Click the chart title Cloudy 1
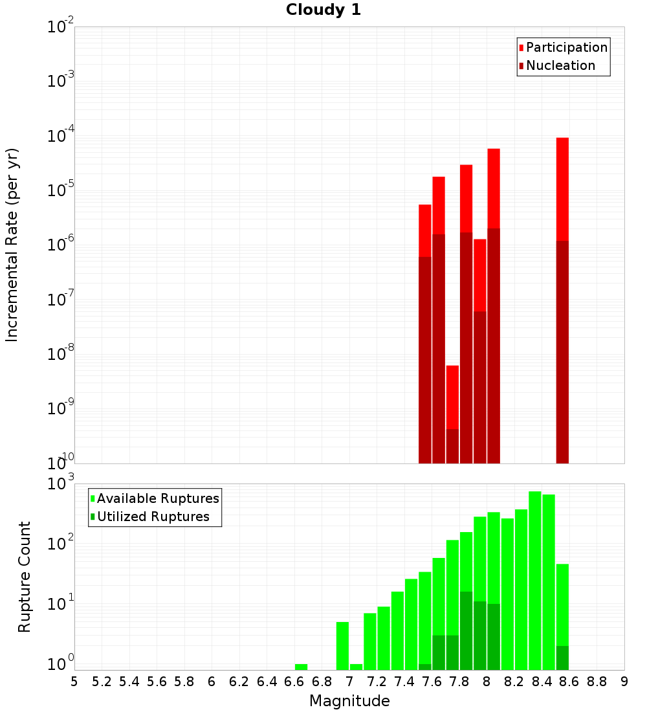(x=323, y=10)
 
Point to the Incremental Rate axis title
(x=12, y=245)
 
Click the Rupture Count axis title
(x=25, y=576)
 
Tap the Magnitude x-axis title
(x=349, y=700)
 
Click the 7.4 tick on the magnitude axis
(x=404, y=682)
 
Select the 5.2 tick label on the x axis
(x=102, y=682)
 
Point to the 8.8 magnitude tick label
(x=597, y=682)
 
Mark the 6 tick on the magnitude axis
(x=212, y=682)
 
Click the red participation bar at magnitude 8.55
(x=562, y=188)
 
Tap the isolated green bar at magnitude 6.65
(x=301, y=667)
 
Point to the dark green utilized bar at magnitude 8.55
(x=562, y=658)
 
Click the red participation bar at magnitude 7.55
(x=425, y=230)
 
